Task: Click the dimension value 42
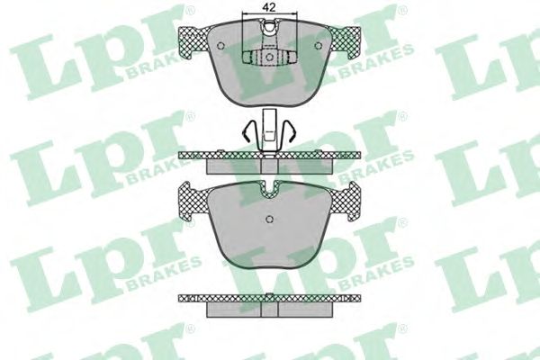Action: tap(269, 8)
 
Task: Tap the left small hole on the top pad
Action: tap(220, 46)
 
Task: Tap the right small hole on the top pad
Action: tap(319, 46)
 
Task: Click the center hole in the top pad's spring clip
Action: tap(270, 56)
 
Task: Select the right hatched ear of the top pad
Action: tap(346, 42)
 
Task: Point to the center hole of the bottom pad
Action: tap(270, 219)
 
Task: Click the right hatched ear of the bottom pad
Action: tap(345, 202)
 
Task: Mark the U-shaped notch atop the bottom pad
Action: tap(270, 191)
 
